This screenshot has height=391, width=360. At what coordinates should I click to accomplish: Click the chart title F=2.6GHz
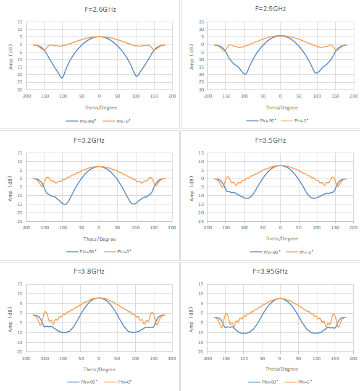pyautogui.click(x=101, y=9)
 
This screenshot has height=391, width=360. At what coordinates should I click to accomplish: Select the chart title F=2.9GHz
pyautogui.click(x=270, y=9)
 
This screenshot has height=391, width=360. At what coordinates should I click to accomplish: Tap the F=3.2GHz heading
pyautogui.click(x=89, y=140)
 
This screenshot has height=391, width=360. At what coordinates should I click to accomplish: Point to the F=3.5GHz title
pyautogui.click(x=270, y=140)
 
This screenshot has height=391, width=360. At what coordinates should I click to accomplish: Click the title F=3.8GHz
pyautogui.click(x=89, y=271)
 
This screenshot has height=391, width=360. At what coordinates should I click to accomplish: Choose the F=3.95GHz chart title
pyautogui.click(x=270, y=271)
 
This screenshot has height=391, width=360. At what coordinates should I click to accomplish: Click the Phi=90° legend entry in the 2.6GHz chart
pyautogui.click(x=81, y=121)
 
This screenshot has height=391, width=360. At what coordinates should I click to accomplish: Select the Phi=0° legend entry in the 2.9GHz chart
pyautogui.click(x=295, y=120)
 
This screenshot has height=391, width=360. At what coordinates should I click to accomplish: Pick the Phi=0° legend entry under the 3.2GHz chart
pyautogui.click(x=117, y=252)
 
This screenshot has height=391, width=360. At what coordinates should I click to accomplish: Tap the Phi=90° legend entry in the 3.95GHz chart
pyautogui.click(x=263, y=382)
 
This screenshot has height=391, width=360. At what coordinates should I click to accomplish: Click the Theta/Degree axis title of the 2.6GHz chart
pyautogui.click(x=101, y=107)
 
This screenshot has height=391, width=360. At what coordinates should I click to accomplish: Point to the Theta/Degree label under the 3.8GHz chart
pyautogui.click(x=99, y=369)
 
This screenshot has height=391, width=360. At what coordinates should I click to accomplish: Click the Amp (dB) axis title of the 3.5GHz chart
pyautogui.click(x=191, y=188)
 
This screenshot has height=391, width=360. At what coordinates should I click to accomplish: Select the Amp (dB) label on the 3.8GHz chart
pyautogui.click(x=10, y=319)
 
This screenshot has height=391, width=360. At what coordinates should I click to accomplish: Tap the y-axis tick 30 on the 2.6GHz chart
pyautogui.click(x=20, y=90)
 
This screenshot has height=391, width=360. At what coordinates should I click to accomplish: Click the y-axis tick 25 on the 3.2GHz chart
pyautogui.click(x=20, y=221)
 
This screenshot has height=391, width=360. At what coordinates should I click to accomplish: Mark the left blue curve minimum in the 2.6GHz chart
pyautogui.click(x=62, y=78)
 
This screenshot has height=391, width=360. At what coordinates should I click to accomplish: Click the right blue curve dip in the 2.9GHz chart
pyautogui.click(x=316, y=73)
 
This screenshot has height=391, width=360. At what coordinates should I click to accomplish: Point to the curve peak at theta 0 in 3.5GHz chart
pyautogui.click(x=280, y=166)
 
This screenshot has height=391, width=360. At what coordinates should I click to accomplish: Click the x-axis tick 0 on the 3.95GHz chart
pyautogui.click(x=280, y=359)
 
